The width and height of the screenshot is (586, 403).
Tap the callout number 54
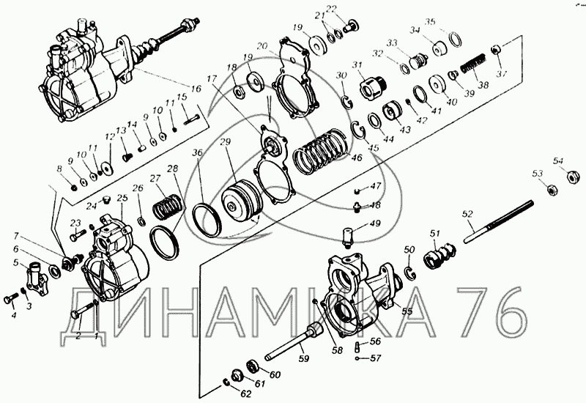point(558,160)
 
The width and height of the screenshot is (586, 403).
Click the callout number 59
point(303,358)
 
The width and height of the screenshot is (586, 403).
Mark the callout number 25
point(122,198)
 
